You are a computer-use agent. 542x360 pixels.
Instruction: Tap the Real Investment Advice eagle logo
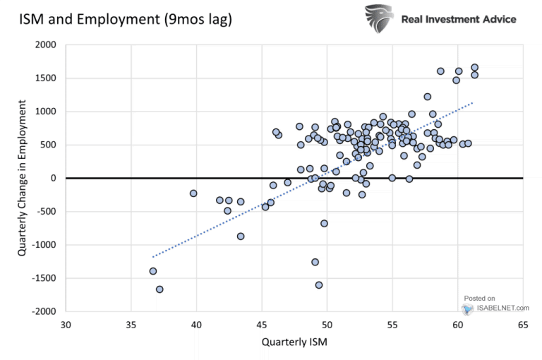379,19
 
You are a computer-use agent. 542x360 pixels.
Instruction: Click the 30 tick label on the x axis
66,325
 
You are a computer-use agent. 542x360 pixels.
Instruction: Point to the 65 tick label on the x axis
523,325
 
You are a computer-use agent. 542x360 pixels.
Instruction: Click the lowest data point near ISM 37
159,289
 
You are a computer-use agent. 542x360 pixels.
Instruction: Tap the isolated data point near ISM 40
193,193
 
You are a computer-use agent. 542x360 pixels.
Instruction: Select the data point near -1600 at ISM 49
319,285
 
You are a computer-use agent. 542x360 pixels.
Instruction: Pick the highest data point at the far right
474,68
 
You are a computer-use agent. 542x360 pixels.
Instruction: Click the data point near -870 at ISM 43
241,236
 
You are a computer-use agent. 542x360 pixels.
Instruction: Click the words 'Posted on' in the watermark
480,299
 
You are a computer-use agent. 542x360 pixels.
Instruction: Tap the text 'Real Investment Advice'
458,19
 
